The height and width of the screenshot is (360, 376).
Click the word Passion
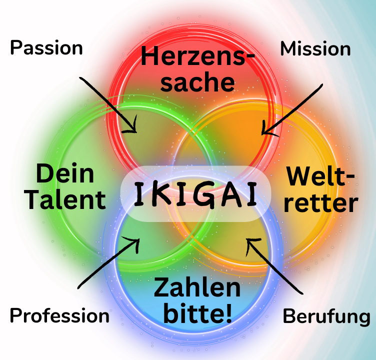pyautogui.click(x=46, y=48)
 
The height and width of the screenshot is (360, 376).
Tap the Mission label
pyautogui.click(x=315, y=49)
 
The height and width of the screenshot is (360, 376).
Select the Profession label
pyautogui.click(x=59, y=315)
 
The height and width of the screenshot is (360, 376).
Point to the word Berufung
pyautogui.click(x=326, y=316)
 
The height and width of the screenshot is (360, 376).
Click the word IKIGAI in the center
pyautogui.click(x=196, y=194)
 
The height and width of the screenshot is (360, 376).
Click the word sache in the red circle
pyautogui.click(x=197, y=81)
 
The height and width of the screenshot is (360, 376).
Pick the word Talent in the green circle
pyautogui.click(x=65, y=199)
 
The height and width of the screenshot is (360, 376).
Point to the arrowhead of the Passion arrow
pyautogui.click(x=133, y=129)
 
